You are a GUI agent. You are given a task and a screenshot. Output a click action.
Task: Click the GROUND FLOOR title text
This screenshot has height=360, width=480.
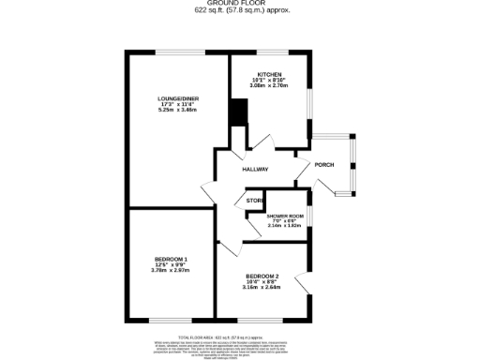pos(239,4)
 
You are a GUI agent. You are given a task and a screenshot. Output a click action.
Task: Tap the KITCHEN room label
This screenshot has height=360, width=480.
pos(270,74)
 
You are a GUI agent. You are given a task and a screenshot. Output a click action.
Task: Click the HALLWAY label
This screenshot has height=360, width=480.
pos(255,170)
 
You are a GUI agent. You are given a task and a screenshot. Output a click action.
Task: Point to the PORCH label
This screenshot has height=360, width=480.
pos(324,165)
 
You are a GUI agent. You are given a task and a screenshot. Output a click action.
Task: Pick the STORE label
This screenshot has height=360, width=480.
pos(254,202)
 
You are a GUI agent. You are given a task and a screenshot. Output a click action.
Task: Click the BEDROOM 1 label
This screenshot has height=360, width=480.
pos(171,259)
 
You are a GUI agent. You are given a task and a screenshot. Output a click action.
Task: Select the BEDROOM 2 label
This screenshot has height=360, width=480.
pos(262,276)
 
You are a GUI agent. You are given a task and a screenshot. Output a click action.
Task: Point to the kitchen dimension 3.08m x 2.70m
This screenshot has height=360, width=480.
pos(270,85)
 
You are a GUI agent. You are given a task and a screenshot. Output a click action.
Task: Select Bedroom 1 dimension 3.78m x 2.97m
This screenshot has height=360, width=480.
pos(171,271)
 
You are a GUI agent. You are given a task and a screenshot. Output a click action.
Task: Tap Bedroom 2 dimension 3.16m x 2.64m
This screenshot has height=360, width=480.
pos(262,287)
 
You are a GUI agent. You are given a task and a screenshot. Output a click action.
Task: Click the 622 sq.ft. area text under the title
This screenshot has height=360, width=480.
pos(239,11)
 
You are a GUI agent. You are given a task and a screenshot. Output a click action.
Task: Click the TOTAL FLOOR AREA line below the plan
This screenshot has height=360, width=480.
pos(239,336)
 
